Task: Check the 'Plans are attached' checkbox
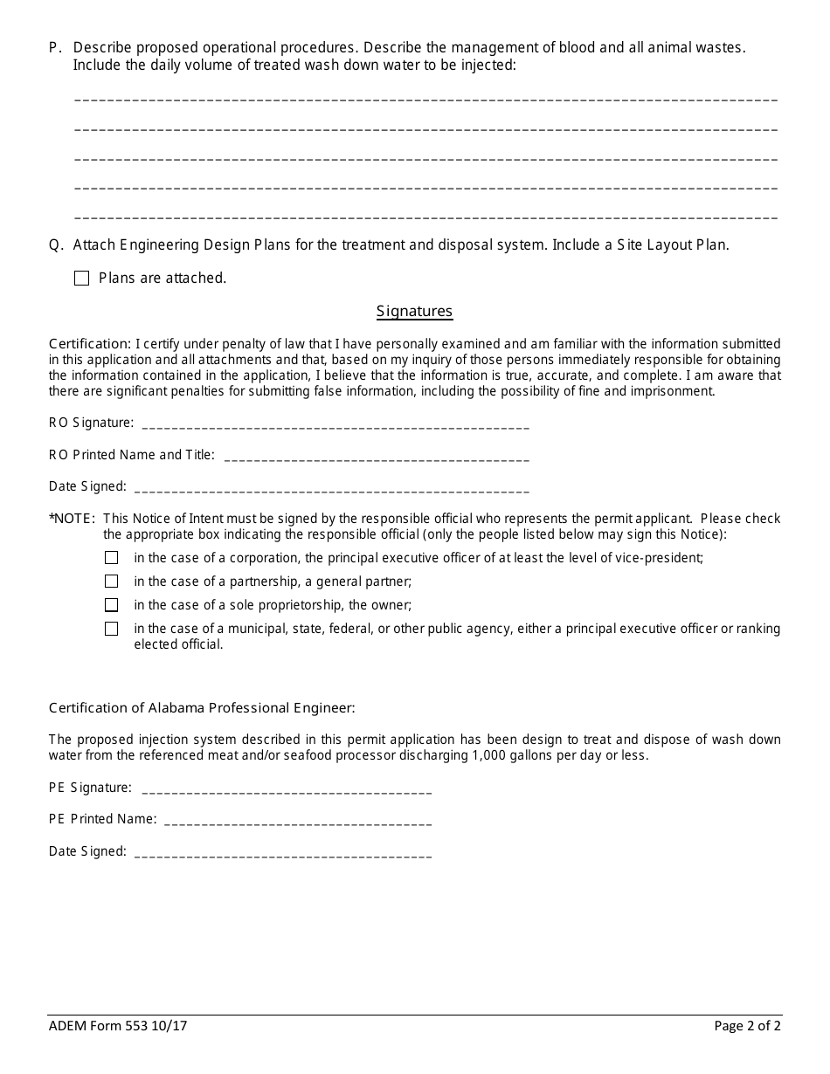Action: tap(82, 279)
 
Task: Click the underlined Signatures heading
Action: tap(414, 311)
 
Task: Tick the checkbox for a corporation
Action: tap(111, 557)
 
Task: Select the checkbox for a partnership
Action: tap(111, 581)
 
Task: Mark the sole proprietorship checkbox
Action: tap(111, 604)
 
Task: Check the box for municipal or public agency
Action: tap(111, 629)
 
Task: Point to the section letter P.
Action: tap(54, 47)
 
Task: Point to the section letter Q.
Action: tap(55, 245)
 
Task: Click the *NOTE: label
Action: tap(72, 519)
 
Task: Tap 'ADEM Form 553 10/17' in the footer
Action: tap(118, 1026)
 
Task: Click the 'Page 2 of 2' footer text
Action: tap(747, 1026)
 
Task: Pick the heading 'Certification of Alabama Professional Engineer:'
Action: tap(202, 708)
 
